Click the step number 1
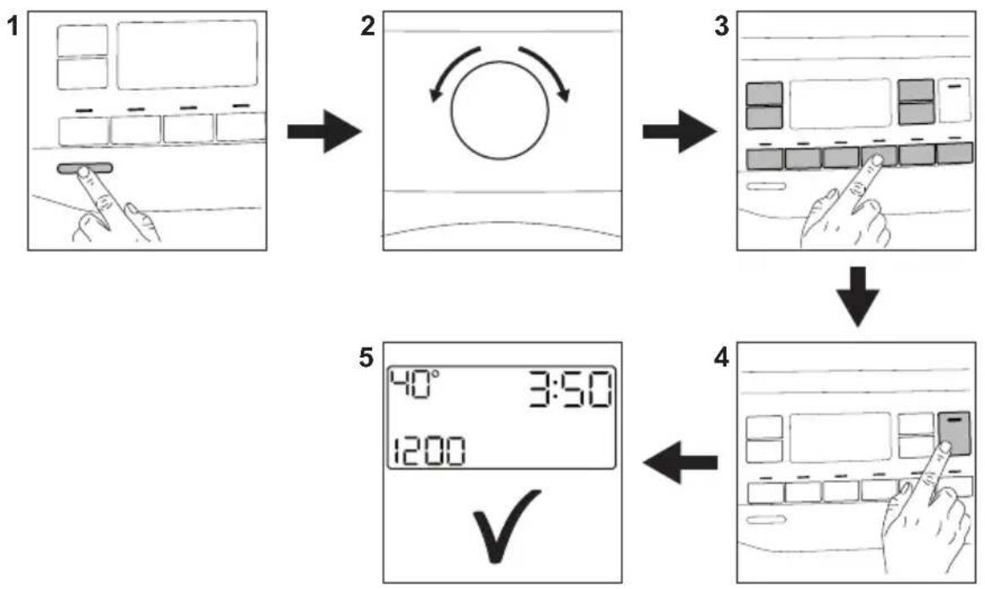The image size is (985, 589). (x=13, y=27)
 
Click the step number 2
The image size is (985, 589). (x=368, y=27)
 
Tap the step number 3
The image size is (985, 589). (x=722, y=27)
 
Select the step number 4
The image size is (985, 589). (x=722, y=359)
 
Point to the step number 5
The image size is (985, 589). (x=366, y=359)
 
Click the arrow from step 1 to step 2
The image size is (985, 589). (x=325, y=132)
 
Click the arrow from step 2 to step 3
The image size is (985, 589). (x=680, y=132)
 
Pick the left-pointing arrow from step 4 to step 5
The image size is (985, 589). (x=680, y=462)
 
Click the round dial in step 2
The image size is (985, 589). (x=500, y=111)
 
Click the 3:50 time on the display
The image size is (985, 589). (x=569, y=390)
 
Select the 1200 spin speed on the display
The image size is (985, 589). (x=430, y=451)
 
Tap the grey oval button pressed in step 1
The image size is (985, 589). (x=85, y=169)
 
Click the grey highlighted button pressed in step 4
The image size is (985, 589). (x=955, y=434)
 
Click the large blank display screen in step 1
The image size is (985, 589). (x=187, y=55)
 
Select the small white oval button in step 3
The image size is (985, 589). (x=766, y=186)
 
